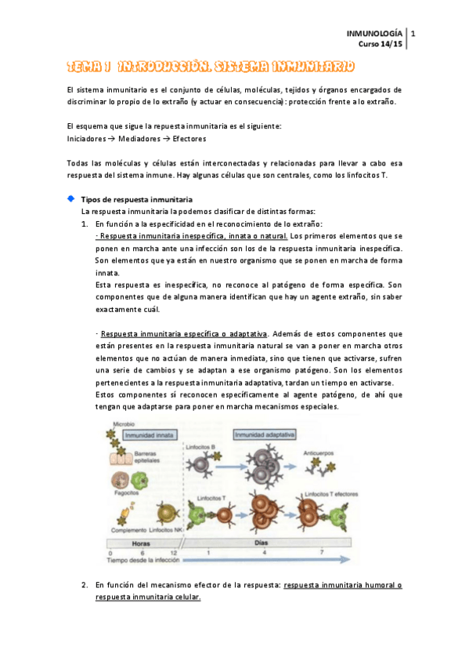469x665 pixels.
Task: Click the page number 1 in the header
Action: pos(413,33)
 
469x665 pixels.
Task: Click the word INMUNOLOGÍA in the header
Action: pos(375,33)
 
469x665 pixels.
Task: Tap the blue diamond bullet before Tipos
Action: pos(72,199)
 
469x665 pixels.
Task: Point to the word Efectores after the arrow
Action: pos(188,139)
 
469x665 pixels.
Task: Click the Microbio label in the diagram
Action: pos(124,423)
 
